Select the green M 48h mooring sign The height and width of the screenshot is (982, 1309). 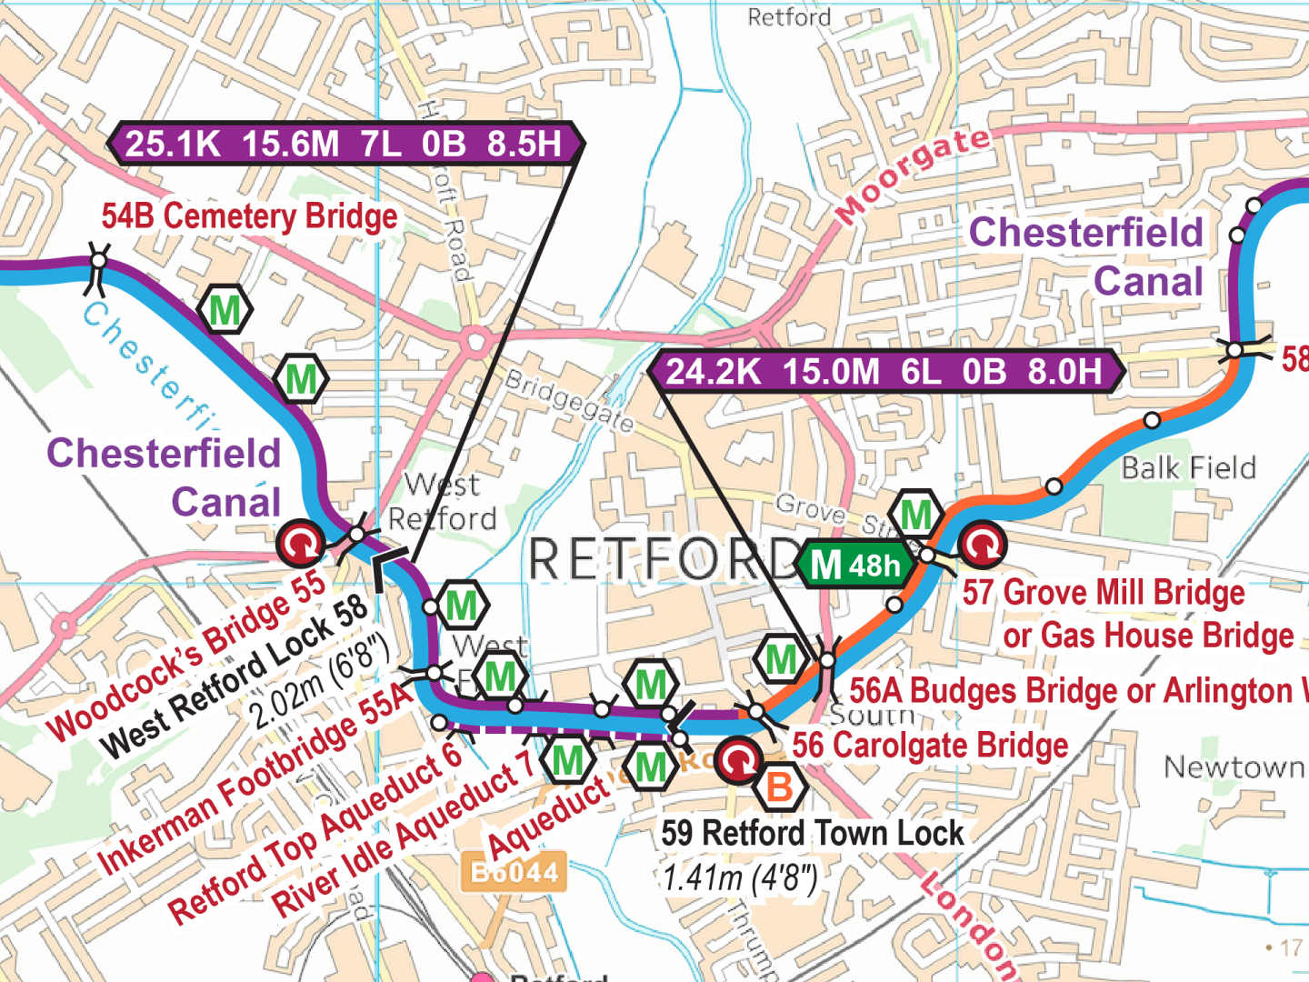855,565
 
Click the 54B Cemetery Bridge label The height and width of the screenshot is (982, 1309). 249,216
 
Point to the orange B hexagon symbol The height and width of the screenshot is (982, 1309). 780,787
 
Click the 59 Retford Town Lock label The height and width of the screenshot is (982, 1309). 812,833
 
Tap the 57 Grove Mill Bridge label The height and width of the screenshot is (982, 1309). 1104,593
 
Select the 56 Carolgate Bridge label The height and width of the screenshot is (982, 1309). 930,746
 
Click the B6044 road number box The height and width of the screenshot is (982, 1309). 515,873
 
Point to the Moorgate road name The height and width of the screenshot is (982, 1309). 913,175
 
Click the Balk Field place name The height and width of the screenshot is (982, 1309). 1188,468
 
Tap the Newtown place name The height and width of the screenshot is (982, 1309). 1234,767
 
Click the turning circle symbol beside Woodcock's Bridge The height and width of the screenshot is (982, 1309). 300,544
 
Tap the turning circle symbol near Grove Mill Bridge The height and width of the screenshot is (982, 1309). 983,544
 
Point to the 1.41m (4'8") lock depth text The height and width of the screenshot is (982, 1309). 740,877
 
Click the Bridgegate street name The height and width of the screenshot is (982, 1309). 569,401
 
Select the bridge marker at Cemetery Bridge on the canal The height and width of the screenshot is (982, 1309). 97,263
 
